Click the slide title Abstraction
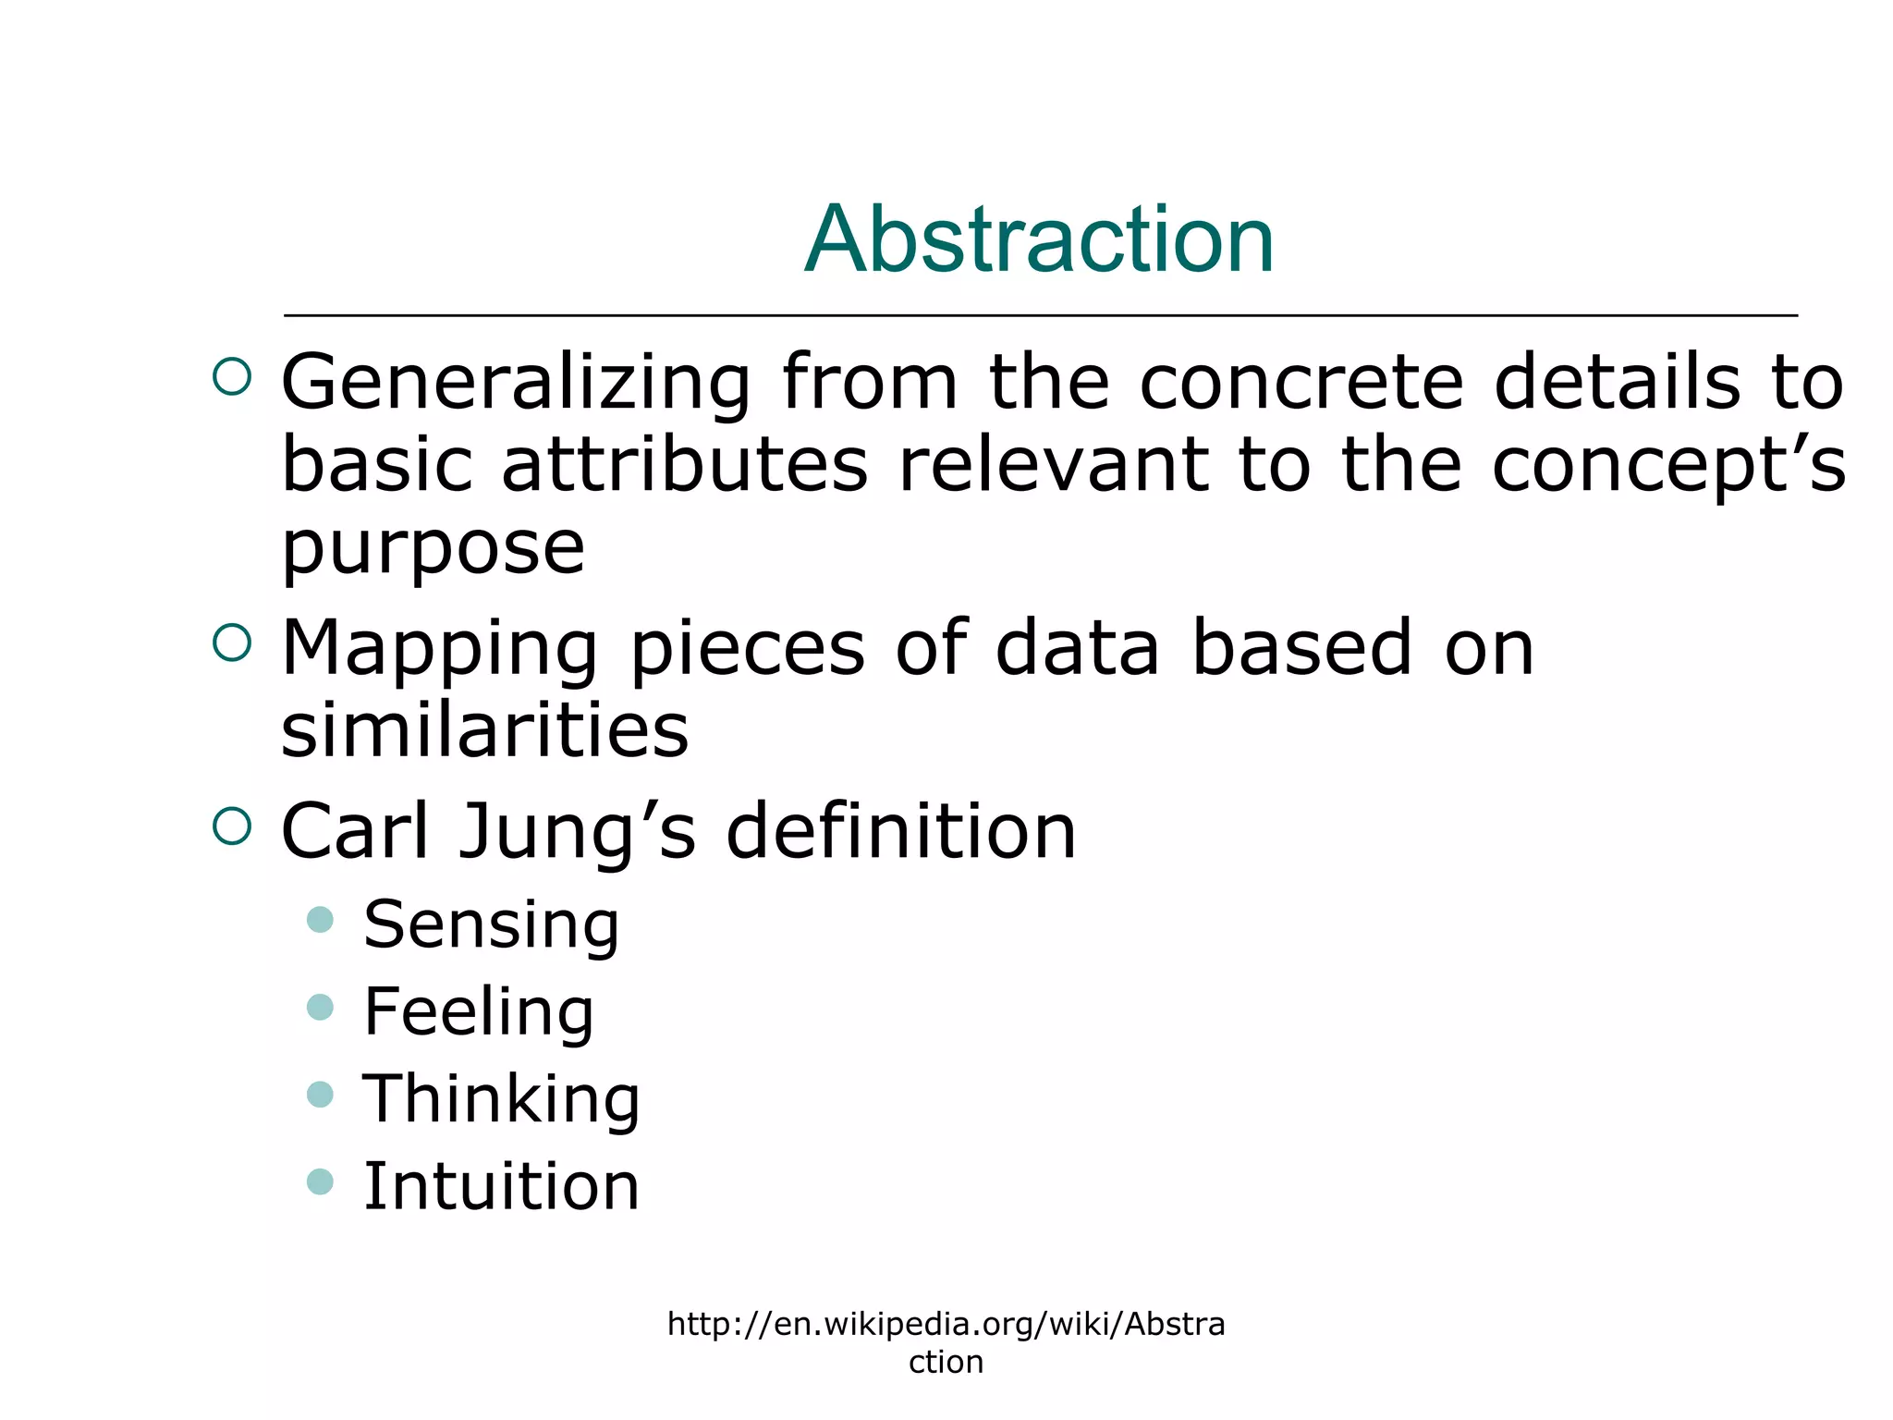[1039, 240]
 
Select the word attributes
[685, 464]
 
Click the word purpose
[433, 547]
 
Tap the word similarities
[484, 730]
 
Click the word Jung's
[577, 832]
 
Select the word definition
[901, 832]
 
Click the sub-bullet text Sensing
[491, 924]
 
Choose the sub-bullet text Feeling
[479, 1011]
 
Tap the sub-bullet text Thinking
[501, 1099]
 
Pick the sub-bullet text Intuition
[501, 1186]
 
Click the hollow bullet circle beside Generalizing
[232, 377]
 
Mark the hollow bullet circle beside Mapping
[232, 643]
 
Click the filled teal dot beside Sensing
[320, 920]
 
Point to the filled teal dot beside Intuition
[320, 1181]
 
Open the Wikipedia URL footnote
[946, 1342]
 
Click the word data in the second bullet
[1077, 649]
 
